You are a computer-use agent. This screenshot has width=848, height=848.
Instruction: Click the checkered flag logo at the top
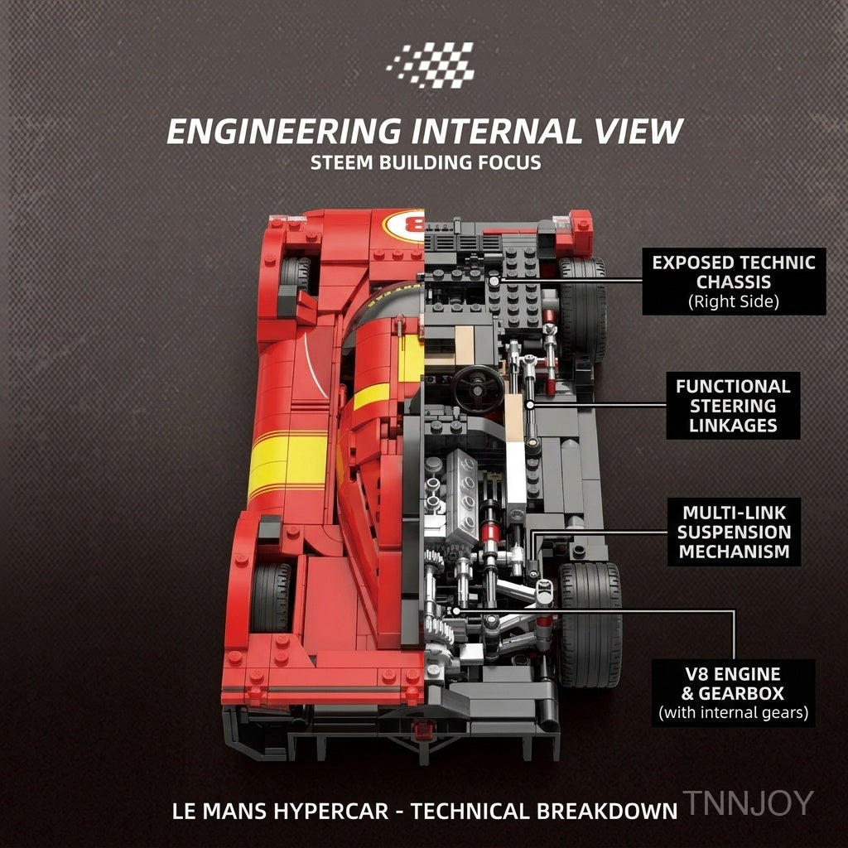[431, 65]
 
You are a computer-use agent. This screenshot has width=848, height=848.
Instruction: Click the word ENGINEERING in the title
[285, 132]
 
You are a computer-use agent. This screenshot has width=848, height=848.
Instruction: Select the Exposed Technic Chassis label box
[734, 282]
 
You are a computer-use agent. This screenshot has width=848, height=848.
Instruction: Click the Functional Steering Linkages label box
[733, 406]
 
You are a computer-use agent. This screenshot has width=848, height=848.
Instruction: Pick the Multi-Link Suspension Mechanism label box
[734, 532]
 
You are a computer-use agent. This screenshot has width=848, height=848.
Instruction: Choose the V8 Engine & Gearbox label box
[733, 693]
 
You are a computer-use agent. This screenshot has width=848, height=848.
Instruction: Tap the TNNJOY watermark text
[749, 802]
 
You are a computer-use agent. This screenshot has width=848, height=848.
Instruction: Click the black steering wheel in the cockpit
[478, 388]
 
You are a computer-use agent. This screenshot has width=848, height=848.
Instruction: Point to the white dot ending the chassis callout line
[494, 281]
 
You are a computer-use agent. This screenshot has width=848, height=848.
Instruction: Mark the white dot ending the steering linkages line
[530, 404]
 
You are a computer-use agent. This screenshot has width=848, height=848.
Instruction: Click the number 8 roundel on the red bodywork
[404, 225]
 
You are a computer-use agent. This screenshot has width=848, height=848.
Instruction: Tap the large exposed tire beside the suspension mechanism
[590, 624]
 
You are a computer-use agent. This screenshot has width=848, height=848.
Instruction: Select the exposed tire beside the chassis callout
[583, 310]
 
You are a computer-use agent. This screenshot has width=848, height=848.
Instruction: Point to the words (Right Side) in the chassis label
[734, 301]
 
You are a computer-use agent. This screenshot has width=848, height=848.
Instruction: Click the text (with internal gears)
[734, 712]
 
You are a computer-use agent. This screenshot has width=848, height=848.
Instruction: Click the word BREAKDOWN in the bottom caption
[607, 812]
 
